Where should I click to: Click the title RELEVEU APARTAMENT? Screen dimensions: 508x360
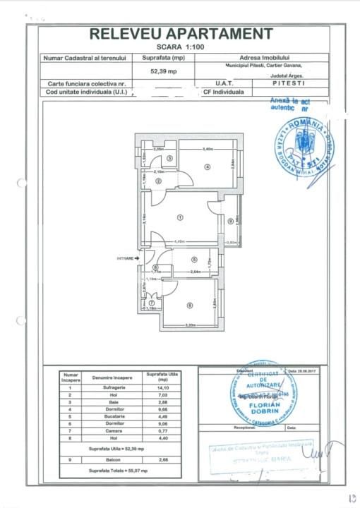point(181,33)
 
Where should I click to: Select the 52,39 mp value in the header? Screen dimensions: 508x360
point(163,71)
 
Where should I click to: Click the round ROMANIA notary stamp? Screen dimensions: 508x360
point(304,151)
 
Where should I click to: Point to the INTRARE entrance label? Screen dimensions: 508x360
point(126,259)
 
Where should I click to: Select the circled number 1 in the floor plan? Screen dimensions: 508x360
point(181,218)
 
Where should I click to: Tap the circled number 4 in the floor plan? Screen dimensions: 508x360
point(208,167)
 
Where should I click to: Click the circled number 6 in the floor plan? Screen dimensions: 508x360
point(189,305)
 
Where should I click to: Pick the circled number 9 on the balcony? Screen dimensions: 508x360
point(230,221)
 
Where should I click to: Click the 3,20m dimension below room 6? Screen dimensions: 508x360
point(189,325)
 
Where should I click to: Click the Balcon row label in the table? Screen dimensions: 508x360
point(112,459)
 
